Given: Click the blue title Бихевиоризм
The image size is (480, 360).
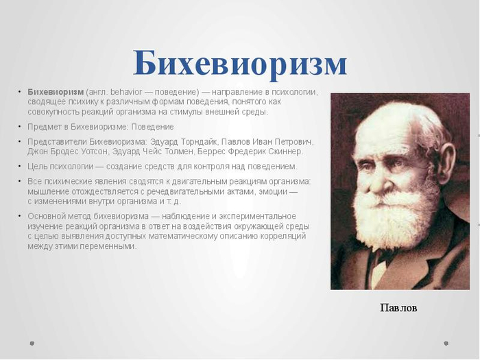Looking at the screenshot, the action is (240, 63).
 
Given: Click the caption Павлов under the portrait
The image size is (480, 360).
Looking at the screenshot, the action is (398, 308).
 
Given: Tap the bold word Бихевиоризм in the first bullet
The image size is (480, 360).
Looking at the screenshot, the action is (56, 92).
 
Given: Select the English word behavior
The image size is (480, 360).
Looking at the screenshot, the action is (126, 92).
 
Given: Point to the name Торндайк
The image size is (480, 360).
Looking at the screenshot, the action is (199, 142).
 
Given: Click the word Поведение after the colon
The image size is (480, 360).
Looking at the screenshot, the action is (152, 127).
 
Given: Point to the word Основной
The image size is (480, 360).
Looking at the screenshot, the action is (46, 216).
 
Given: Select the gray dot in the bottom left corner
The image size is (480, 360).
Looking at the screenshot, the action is (32, 344).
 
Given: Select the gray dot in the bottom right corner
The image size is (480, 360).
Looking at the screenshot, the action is (446, 344).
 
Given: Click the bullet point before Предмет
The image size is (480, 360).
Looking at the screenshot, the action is (19, 126).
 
